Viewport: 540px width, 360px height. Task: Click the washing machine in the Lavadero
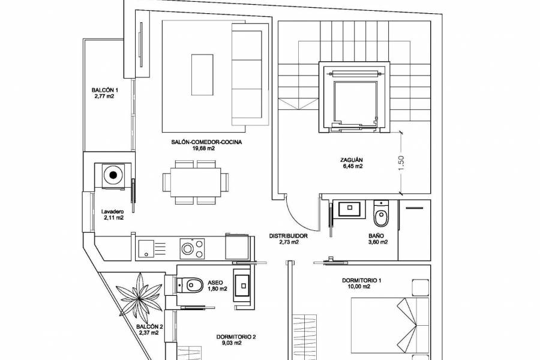tap(112, 176)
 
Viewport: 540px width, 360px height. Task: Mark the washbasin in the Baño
tap(349, 209)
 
